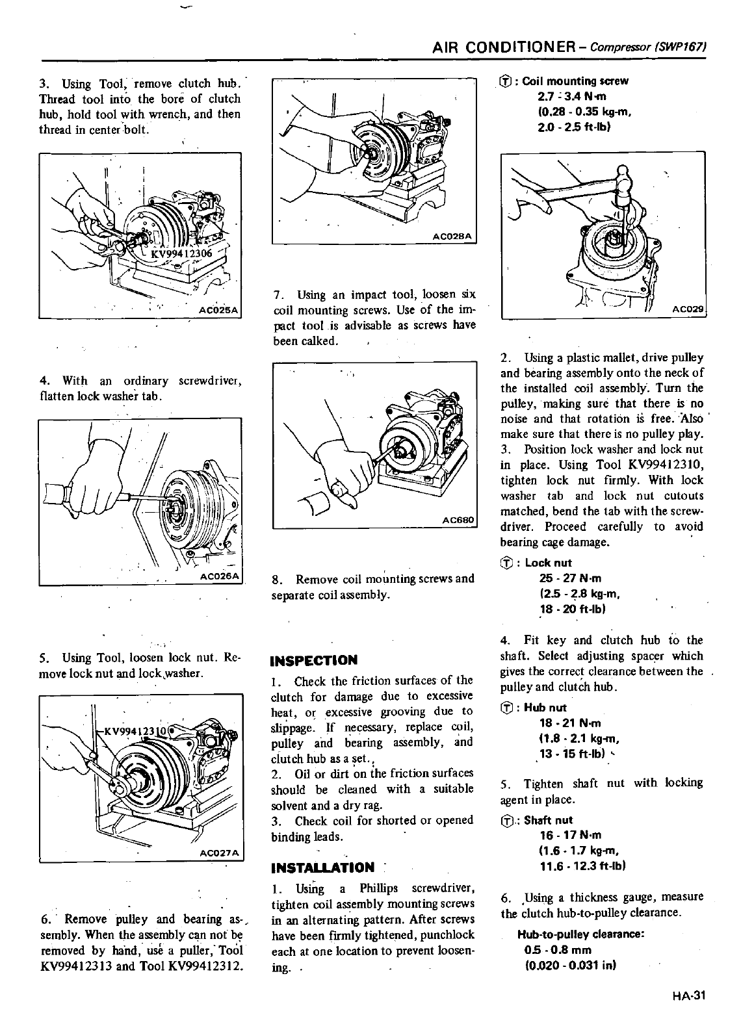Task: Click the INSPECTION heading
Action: pyautogui.click(x=314, y=660)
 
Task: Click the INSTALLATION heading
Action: pyautogui.click(x=322, y=867)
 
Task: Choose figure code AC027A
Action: pyautogui.click(x=220, y=853)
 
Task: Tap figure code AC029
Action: pyautogui.click(x=688, y=311)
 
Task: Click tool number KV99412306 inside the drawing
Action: pyautogui.click(x=177, y=253)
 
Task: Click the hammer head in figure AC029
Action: pyautogui.click(x=622, y=176)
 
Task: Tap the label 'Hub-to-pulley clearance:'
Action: pyautogui.click(x=580, y=934)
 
